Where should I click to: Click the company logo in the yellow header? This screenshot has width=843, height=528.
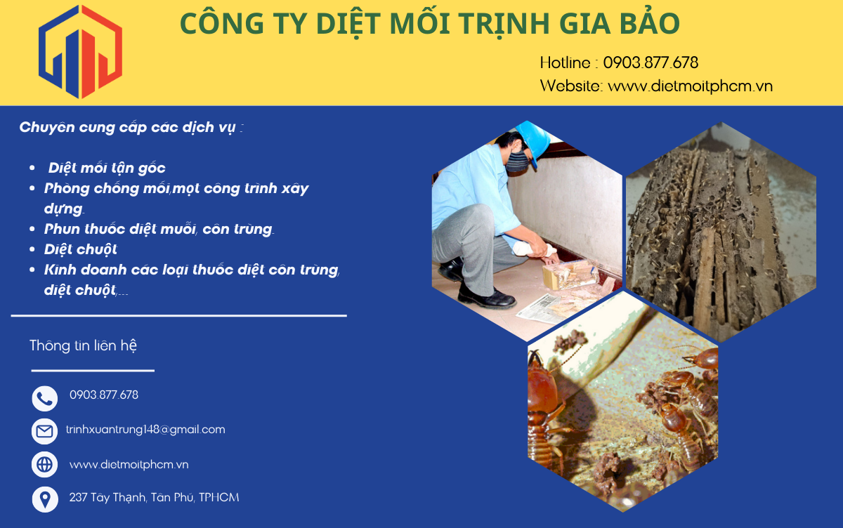click(x=80, y=51)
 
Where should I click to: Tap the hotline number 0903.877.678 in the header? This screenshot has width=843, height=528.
click(x=651, y=62)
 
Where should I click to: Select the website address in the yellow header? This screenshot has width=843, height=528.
click(x=690, y=86)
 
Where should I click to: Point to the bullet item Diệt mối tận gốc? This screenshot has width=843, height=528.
click(x=107, y=169)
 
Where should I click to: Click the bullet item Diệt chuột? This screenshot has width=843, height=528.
click(x=80, y=249)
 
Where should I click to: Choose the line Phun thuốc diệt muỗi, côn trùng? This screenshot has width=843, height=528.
click(x=159, y=229)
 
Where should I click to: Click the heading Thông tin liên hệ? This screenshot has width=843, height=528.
click(x=83, y=345)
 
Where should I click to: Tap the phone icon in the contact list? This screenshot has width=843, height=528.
click(x=45, y=398)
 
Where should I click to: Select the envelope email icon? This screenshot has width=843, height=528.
click(x=45, y=431)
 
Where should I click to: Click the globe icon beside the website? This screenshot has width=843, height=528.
click(x=45, y=464)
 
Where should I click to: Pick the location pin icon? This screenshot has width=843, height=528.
click(x=45, y=499)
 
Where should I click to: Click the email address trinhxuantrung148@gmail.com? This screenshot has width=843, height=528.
click(x=145, y=430)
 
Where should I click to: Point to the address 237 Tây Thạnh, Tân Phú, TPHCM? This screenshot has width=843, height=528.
click(x=154, y=498)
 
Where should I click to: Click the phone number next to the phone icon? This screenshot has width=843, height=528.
click(x=104, y=395)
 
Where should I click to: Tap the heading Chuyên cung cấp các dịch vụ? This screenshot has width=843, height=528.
click(x=131, y=128)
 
